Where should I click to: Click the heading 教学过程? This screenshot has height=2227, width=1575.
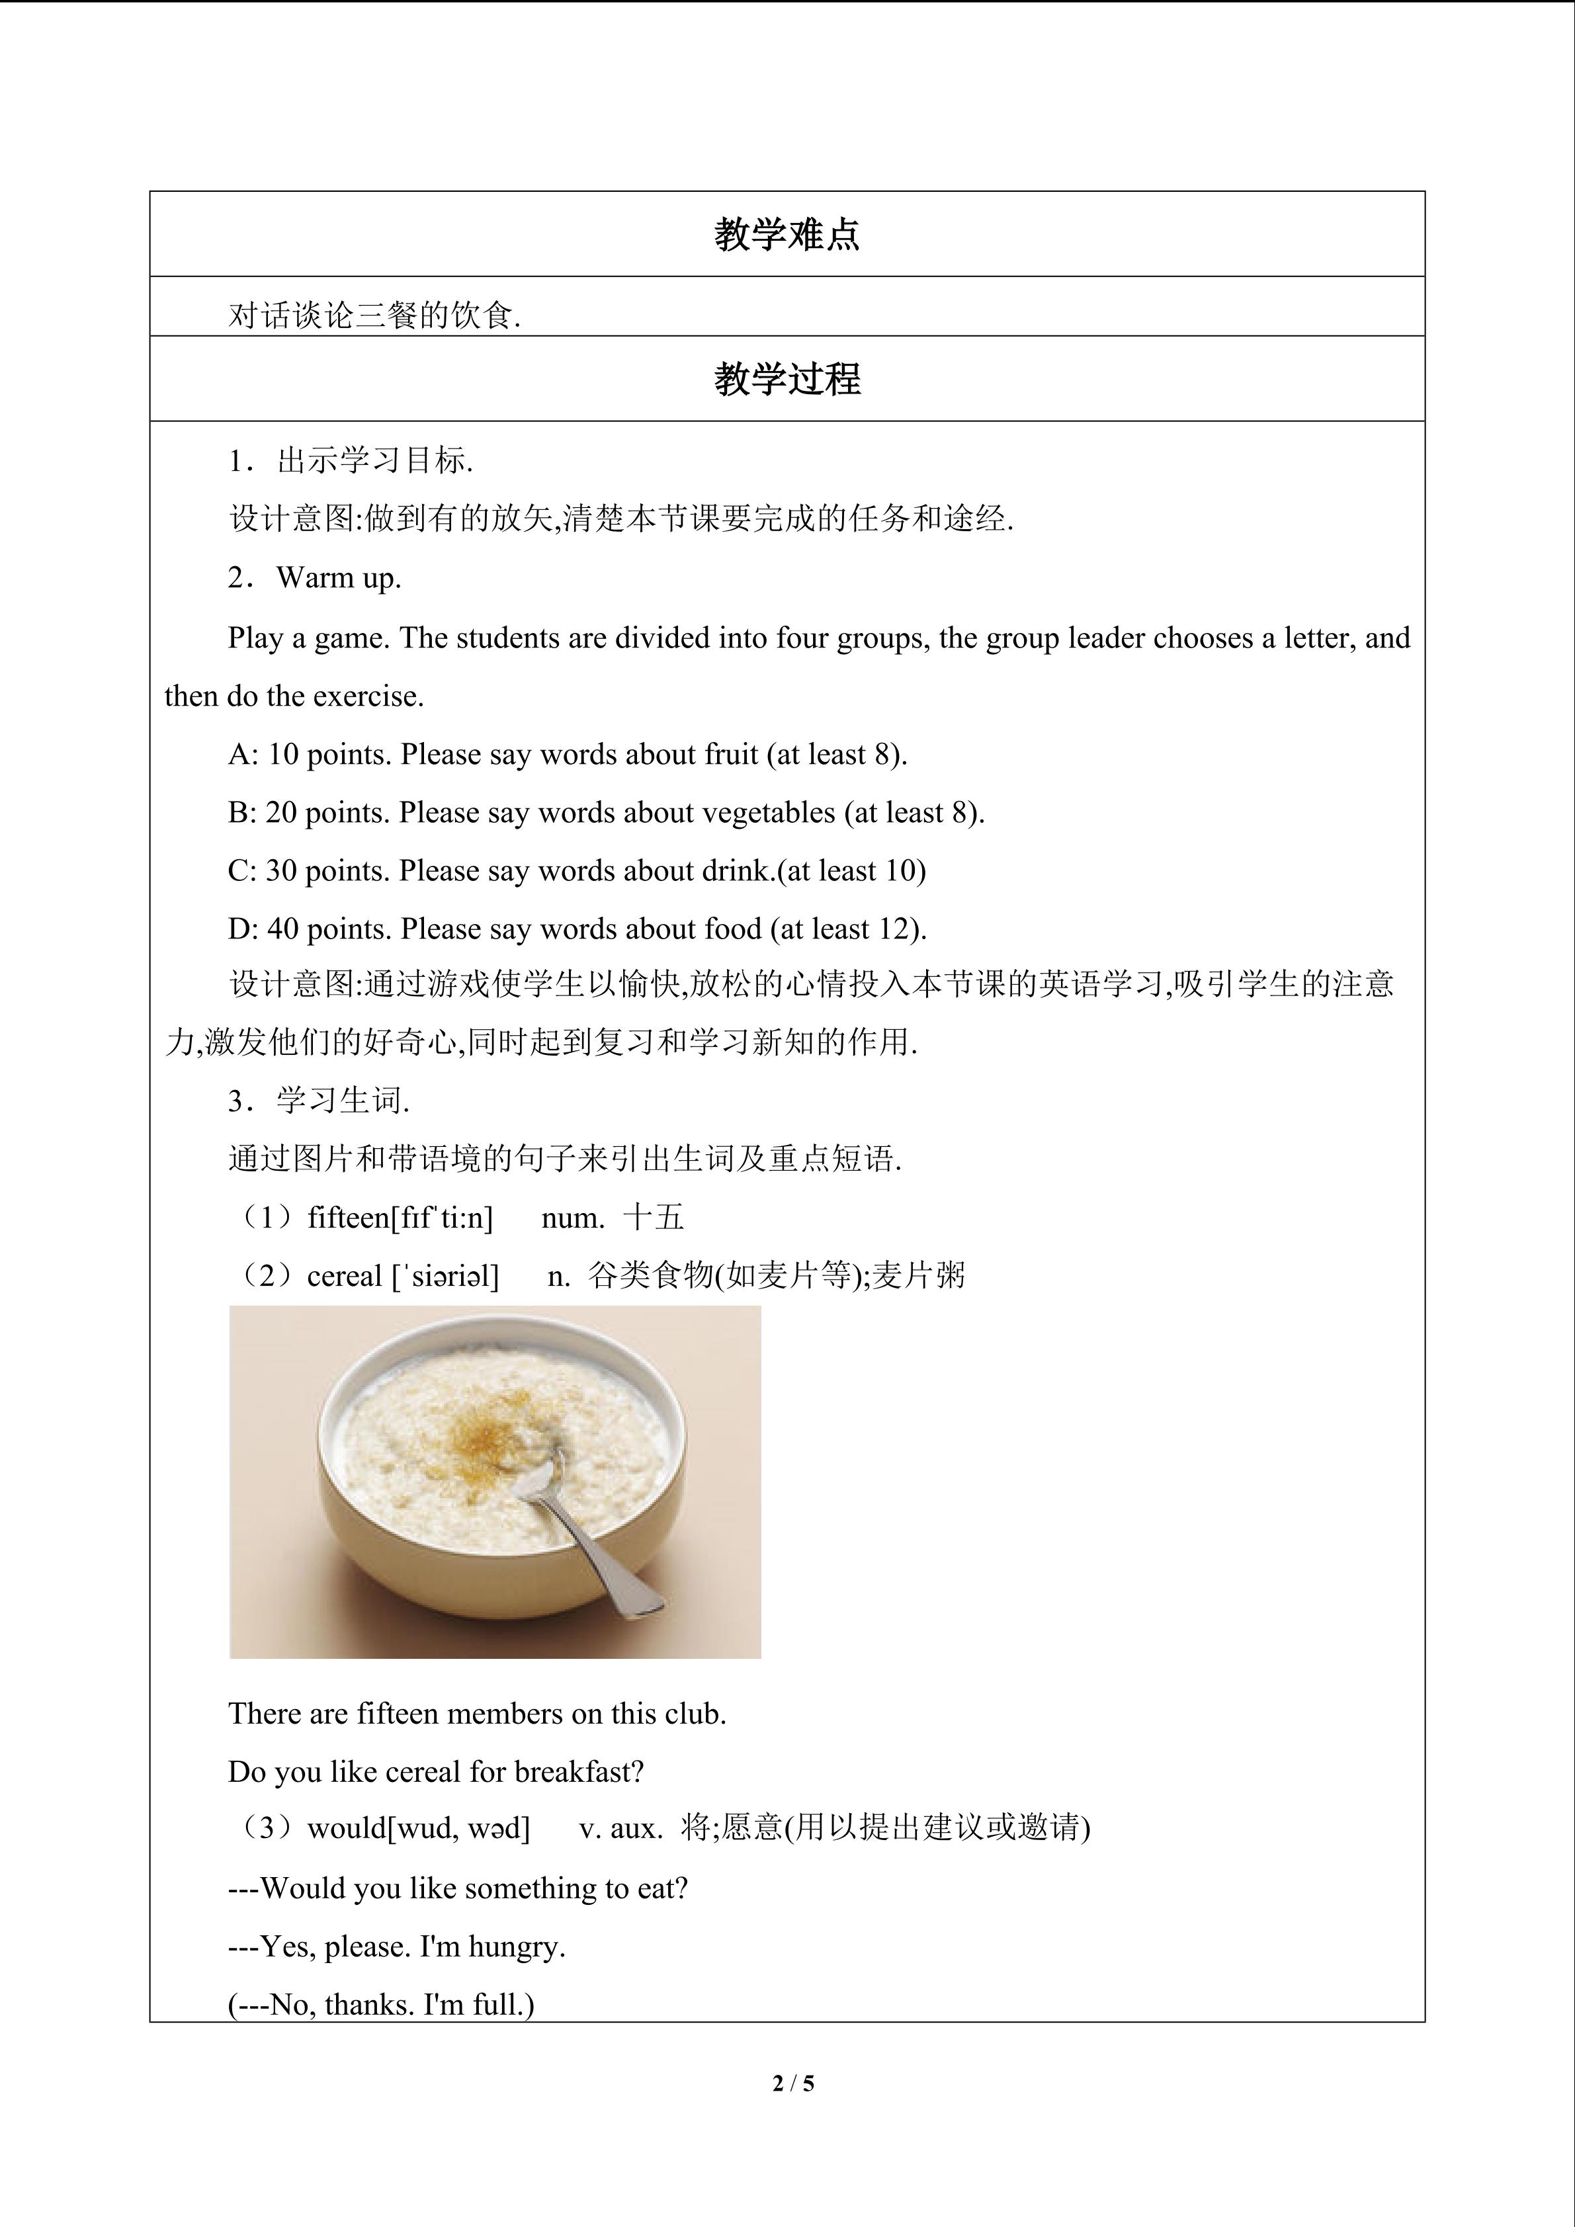click(787, 379)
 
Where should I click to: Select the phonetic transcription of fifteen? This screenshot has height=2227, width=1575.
click(441, 1217)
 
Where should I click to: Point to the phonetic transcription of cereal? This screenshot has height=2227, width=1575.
click(445, 1275)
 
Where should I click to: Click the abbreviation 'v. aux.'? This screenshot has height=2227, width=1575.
click(620, 1828)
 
